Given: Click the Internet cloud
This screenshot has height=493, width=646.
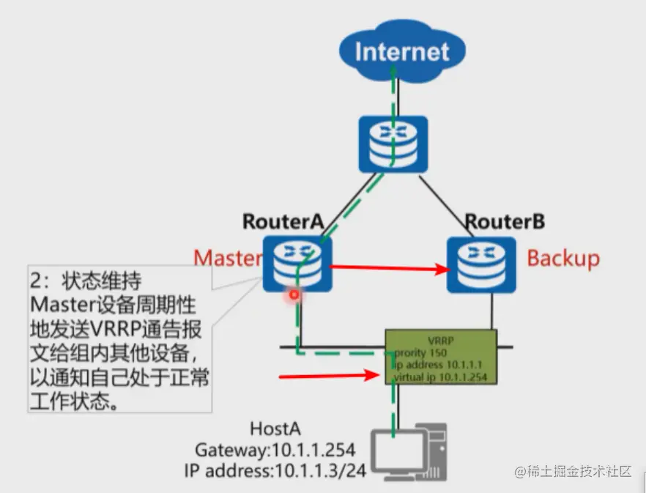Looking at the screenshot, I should pyautogui.click(x=402, y=52).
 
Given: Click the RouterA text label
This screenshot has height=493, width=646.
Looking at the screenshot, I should pyautogui.click(x=283, y=220).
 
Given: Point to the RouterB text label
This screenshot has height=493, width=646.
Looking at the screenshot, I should pyautogui.click(x=505, y=220).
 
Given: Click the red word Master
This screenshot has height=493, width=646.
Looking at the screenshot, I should pyautogui.click(x=228, y=258).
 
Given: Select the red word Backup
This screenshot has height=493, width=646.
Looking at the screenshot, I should pyautogui.click(x=563, y=258).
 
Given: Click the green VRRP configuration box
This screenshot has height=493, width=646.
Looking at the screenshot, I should pyautogui.click(x=441, y=357).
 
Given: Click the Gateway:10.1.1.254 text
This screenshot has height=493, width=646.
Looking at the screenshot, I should pyautogui.click(x=276, y=449).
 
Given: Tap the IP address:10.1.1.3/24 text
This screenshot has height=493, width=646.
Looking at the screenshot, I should pyautogui.click(x=275, y=470).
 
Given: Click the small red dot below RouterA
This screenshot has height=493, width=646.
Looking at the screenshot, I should pyautogui.click(x=294, y=294).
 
